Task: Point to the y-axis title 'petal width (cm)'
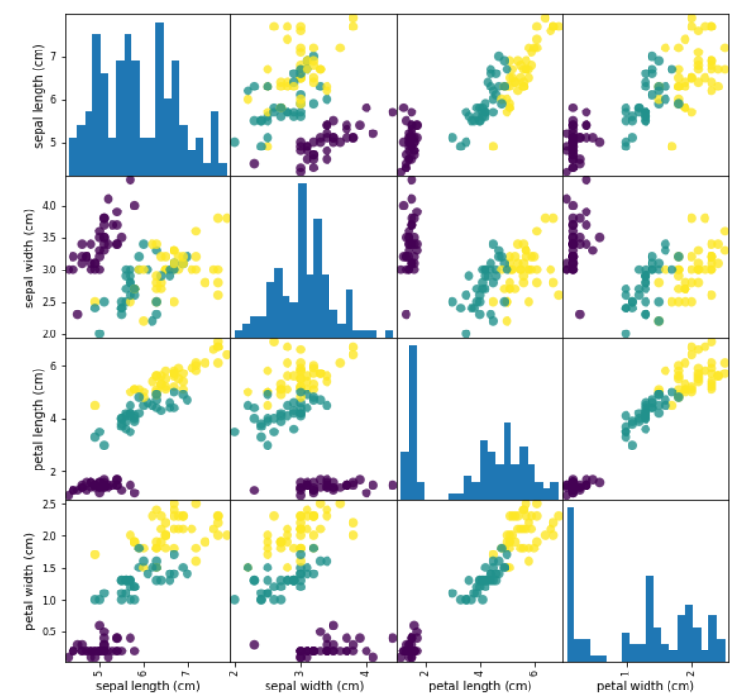click(37, 580)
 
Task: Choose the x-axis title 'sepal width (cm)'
click(313, 685)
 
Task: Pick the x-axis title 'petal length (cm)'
click(479, 685)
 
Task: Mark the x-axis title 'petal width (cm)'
click(645, 685)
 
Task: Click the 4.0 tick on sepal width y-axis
click(51, 205)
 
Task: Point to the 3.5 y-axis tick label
click(51, 237)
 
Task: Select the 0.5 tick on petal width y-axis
click(51, 631)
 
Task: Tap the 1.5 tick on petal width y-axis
click(51, 568)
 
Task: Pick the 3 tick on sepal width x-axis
click(299, 670)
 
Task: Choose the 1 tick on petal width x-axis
click(626, 670)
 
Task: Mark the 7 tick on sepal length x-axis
click(187, 670)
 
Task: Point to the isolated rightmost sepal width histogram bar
click(389, 333)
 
